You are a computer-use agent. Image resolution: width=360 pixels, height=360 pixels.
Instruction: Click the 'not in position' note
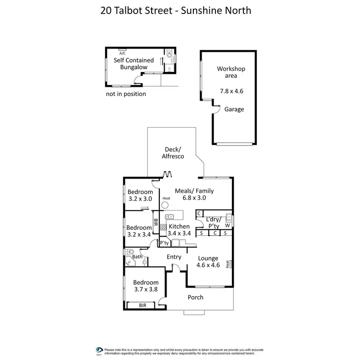point(126,94)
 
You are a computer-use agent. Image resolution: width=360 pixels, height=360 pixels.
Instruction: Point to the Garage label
point(234,109)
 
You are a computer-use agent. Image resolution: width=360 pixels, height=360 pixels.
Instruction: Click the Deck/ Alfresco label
point(171,153)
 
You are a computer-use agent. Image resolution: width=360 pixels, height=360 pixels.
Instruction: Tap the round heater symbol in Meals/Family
point(166,205)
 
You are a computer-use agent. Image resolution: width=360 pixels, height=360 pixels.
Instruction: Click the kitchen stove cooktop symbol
point(163,227)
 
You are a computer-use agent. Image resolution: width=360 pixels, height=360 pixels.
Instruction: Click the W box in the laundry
point(228,225)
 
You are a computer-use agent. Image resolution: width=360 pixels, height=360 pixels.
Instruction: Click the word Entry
point(174,257)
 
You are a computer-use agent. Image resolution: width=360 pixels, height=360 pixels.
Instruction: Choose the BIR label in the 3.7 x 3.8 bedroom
point(143,305)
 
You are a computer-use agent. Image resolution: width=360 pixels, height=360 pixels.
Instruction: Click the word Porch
point(195,298)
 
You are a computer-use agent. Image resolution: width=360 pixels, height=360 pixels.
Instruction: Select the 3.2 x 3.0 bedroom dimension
point(140,199)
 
